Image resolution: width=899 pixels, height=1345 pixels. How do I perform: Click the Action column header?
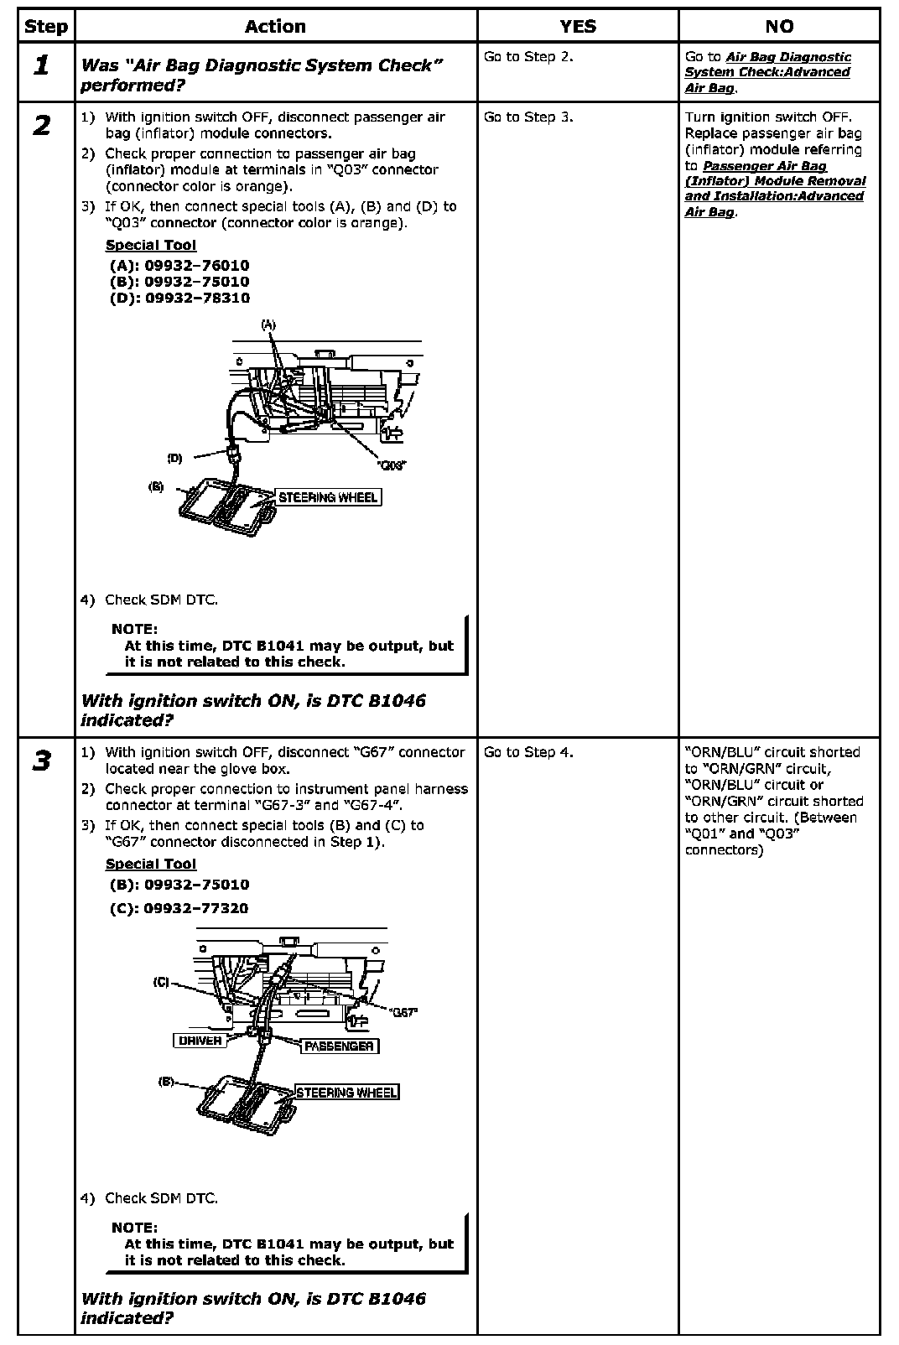point(275,26)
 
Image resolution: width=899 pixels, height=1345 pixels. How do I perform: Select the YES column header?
point(578,26)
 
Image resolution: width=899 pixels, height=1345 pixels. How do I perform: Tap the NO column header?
point(779,26)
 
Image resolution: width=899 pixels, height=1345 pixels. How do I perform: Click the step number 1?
point(42,65)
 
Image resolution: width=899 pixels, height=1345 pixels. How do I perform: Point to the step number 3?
point(42,761)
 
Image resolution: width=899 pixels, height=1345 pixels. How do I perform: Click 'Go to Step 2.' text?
point(528,57)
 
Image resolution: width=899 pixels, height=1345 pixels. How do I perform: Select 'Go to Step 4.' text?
point(528,752)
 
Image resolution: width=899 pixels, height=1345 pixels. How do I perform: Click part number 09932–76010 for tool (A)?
point(197,266)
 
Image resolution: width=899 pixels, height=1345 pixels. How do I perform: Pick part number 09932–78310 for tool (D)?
point(197,298)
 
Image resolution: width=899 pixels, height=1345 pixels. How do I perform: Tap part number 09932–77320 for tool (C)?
point(196,908)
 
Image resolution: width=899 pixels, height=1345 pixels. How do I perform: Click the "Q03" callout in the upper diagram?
point(391,465)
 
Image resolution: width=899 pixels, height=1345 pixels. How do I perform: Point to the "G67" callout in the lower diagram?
point(404,1012)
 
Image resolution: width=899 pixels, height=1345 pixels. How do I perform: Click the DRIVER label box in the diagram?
point(200,1041)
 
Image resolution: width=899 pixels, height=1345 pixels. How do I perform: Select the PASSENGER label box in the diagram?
point(339,1046)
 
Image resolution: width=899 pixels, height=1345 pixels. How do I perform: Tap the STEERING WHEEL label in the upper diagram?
point(328,497)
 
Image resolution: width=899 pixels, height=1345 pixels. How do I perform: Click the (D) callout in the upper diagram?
point(174,458)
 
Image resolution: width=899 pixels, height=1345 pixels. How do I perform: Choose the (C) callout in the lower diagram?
point(161,982)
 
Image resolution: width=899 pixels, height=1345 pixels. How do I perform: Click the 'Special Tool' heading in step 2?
point(151,245)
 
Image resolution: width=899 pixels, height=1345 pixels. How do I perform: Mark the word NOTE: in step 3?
point(134,1228)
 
